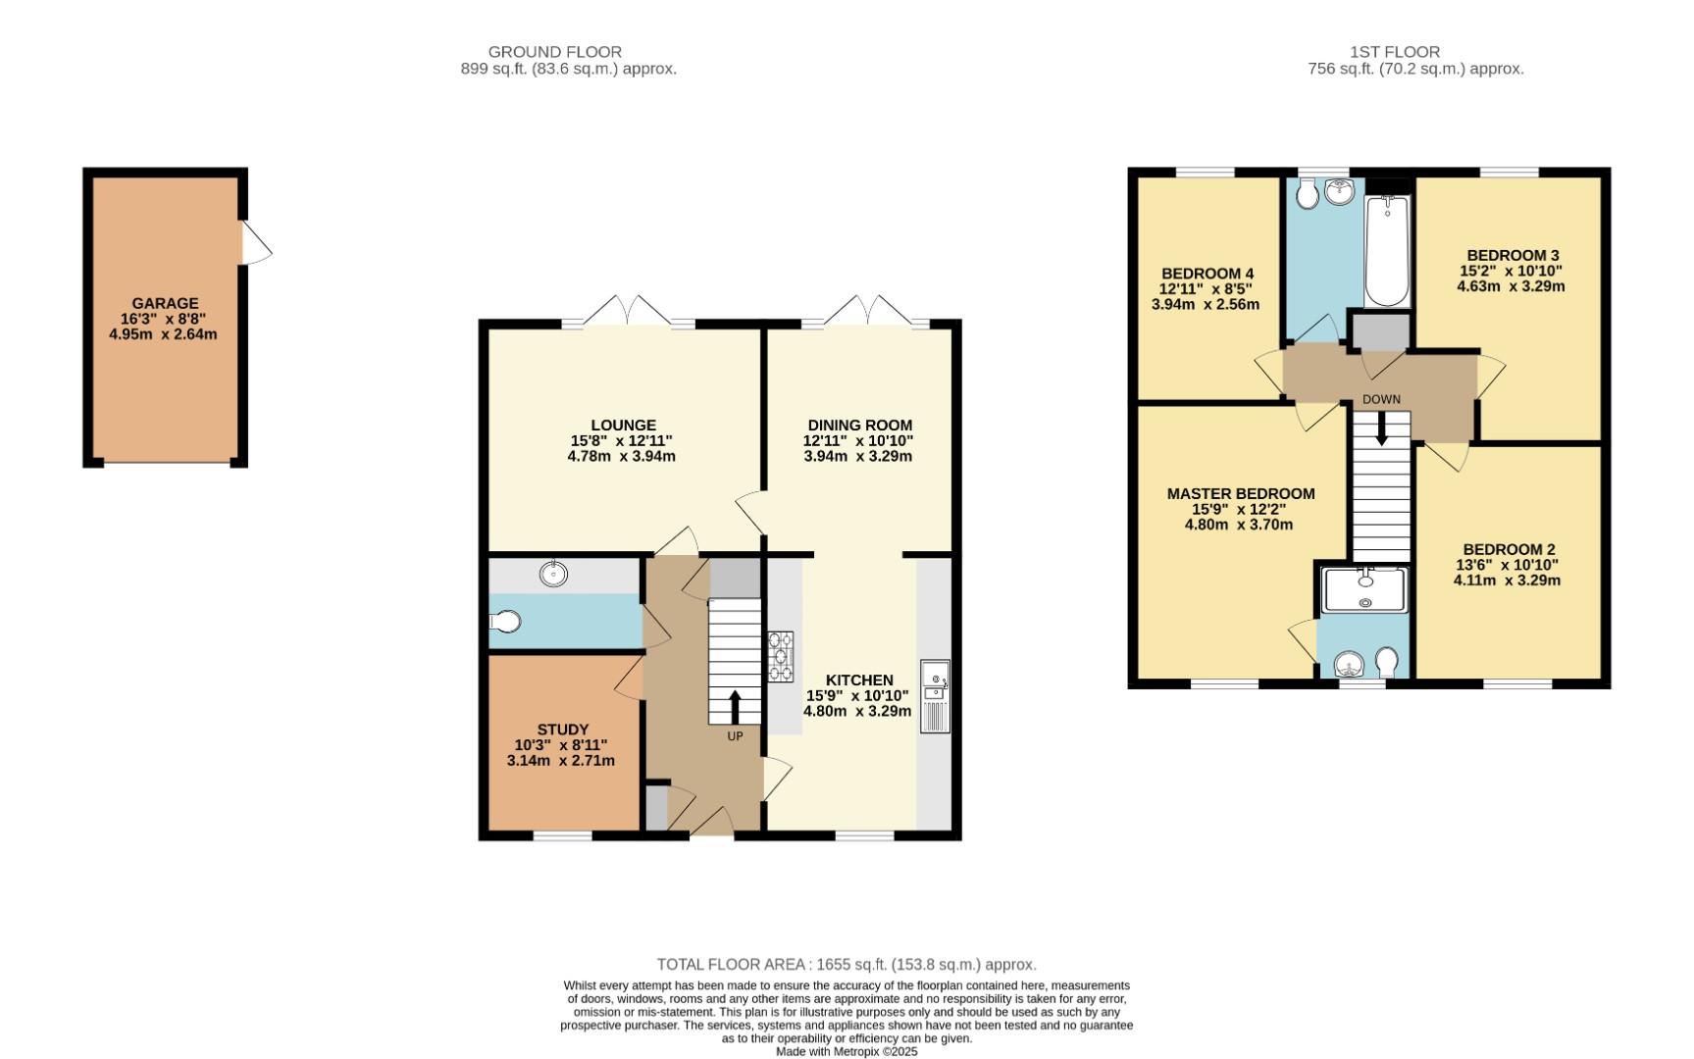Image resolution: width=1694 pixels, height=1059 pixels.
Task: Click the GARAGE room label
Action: coord(165,304)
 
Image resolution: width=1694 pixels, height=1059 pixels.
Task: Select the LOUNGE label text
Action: coord(623,426)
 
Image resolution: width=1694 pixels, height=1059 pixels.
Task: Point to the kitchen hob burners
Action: coord(781,657)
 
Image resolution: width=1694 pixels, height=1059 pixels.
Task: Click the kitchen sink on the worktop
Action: coord(935,686)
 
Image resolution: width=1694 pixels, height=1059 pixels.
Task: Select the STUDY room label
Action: coord(562,730)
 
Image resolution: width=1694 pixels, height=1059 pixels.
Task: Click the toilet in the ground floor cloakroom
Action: coord(504,621)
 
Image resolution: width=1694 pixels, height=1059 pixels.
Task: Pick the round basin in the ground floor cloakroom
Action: coord(554,574)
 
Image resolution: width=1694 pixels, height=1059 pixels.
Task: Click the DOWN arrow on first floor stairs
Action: coord(1381,429)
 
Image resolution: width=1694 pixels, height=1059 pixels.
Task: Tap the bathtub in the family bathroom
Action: coord(1386,251)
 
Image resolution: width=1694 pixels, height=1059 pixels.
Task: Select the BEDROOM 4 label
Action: coord(1206,274)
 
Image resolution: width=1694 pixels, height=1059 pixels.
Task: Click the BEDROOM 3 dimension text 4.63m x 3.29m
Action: coord(1510,287)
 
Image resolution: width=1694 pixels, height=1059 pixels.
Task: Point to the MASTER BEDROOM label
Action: coord(1240,494)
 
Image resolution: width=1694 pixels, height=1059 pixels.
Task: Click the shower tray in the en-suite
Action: coord(1364,589)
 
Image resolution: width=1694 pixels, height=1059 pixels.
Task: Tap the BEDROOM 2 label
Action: coord(1508,550)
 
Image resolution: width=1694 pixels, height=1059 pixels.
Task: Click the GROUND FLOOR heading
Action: coord(554,52)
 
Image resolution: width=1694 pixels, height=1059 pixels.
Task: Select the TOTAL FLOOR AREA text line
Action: coord(846,965)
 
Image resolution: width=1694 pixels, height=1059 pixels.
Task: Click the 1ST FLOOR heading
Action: coord(1394,52)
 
